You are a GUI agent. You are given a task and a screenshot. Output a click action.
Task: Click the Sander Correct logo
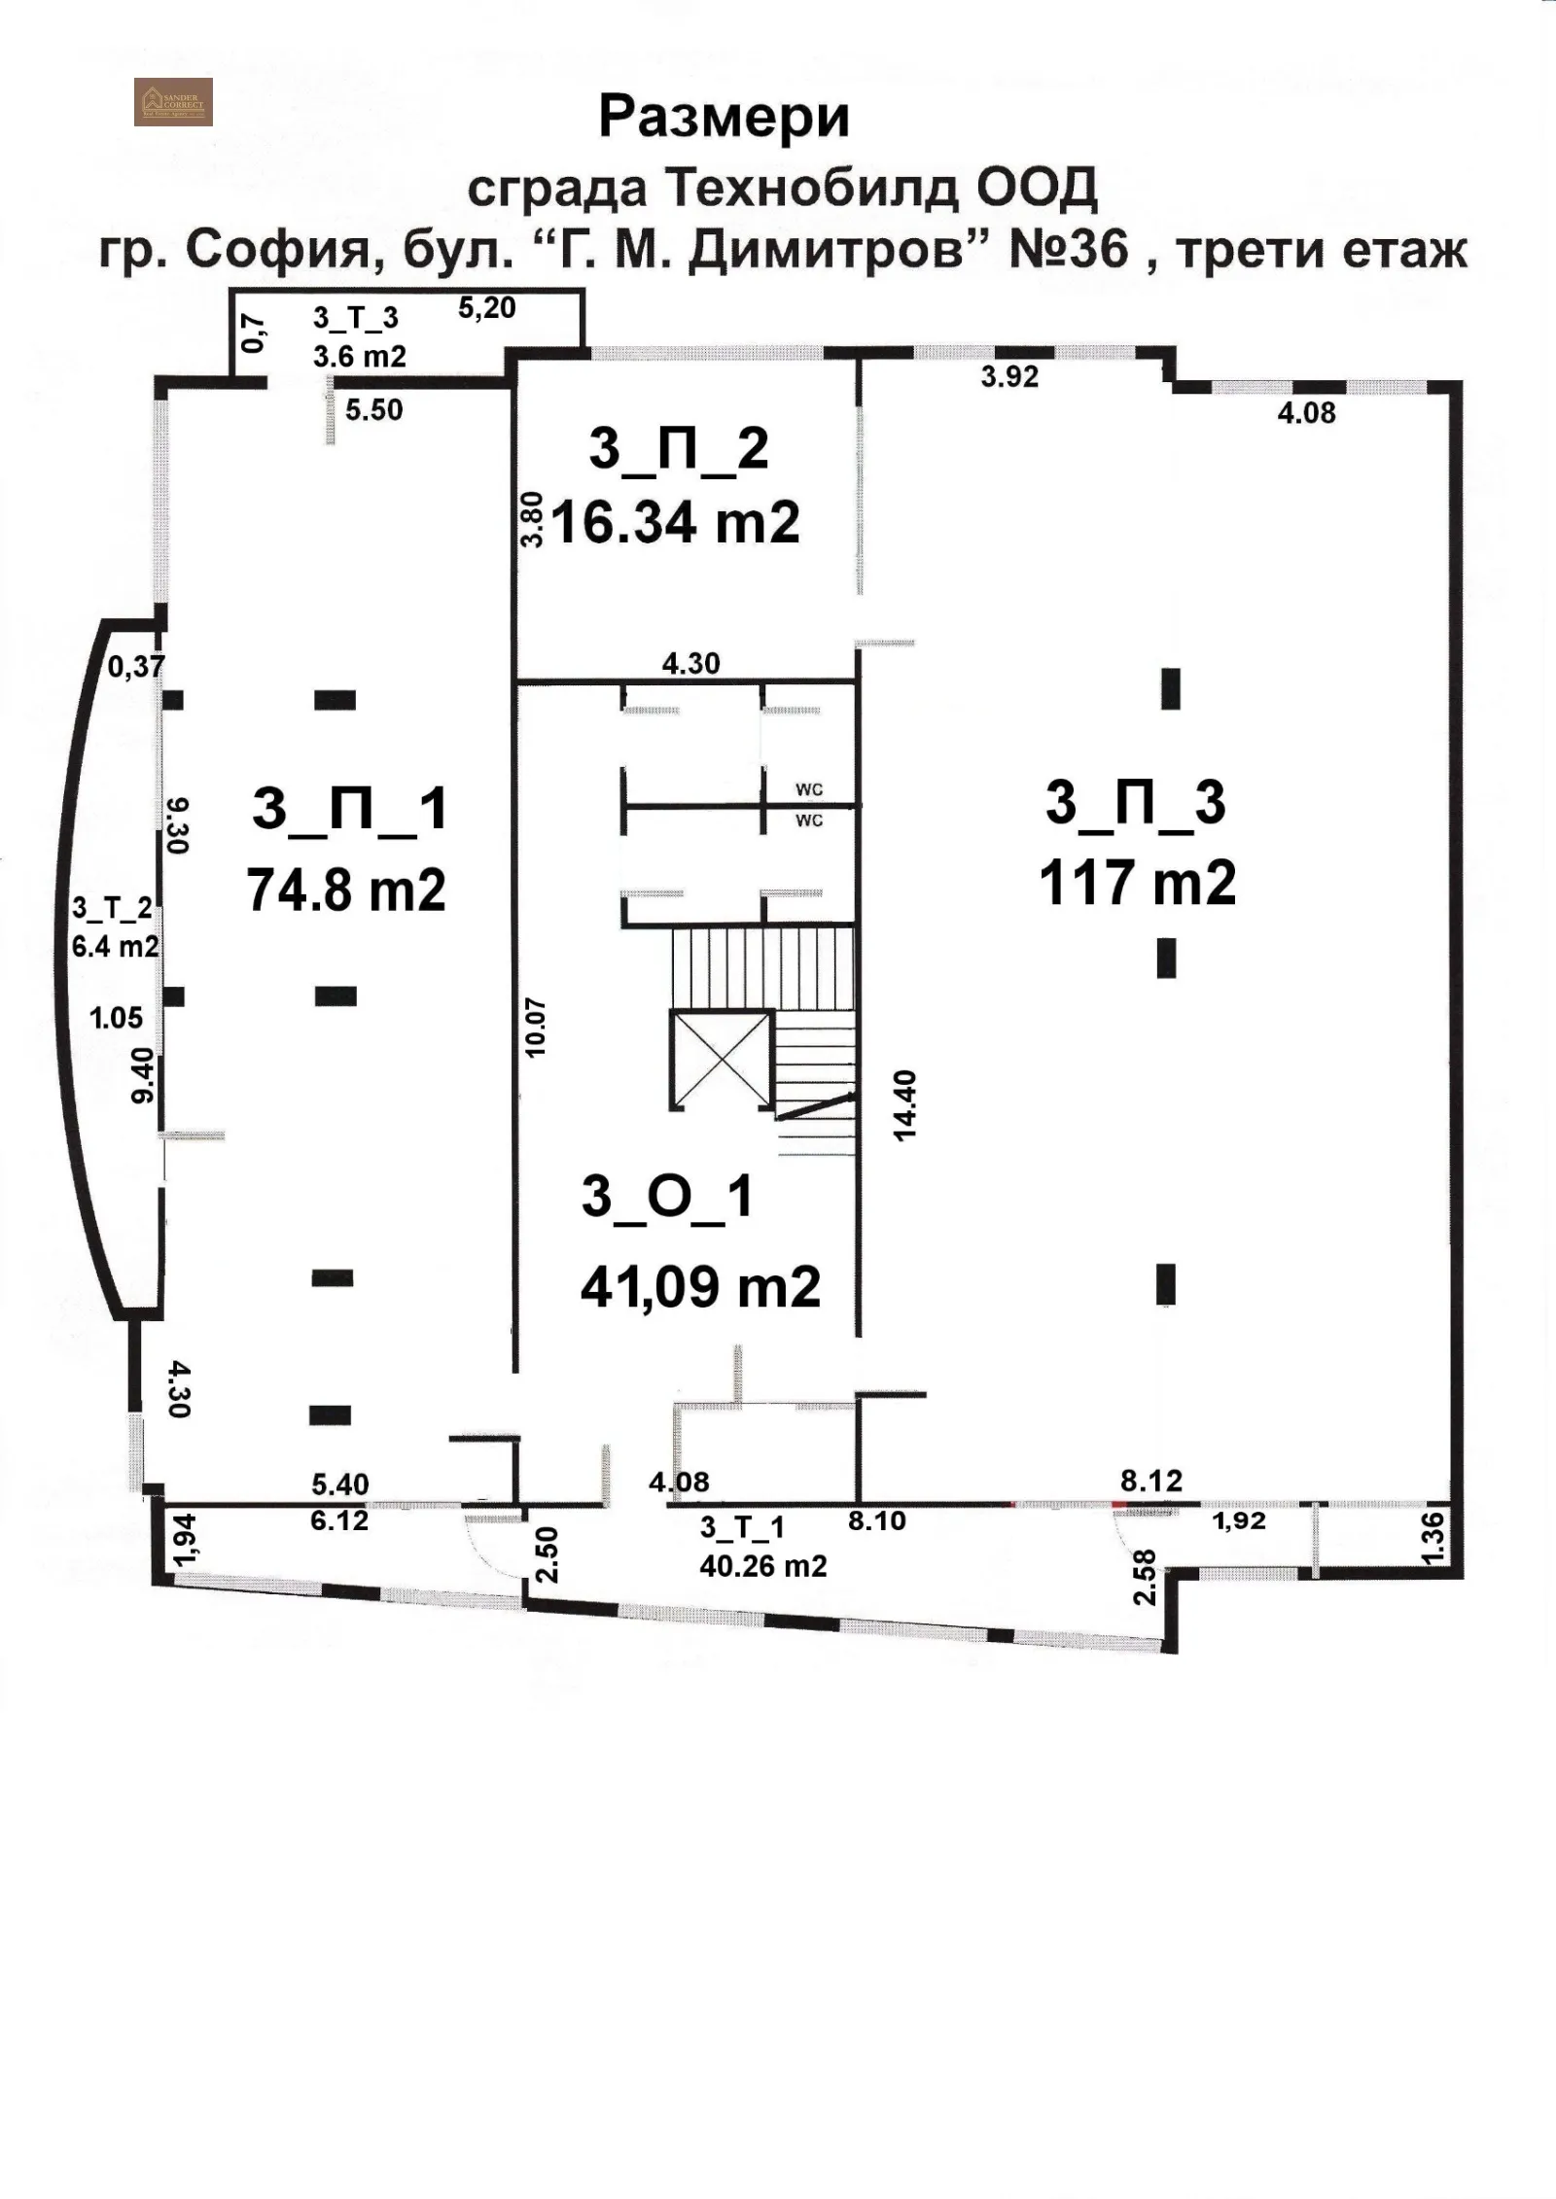[173, 101]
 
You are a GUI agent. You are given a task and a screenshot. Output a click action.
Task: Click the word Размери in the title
[725, 117]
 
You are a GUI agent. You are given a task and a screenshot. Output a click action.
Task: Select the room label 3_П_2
[679, 449]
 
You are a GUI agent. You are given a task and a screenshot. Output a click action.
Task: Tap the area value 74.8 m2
[346, 889]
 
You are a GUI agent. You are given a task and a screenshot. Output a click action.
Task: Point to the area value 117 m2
[1137, 883]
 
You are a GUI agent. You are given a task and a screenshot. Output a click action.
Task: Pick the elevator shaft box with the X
[721, 1058]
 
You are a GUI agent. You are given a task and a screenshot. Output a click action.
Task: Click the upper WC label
[809, 790]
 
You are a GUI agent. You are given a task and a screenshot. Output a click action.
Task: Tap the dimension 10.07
[535, 1027]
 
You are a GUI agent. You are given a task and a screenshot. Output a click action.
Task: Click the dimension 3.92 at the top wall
[1009, 376]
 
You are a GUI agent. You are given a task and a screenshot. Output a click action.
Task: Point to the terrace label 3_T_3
[356, 318]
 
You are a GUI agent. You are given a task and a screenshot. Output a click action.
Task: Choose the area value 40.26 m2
[763, 1566]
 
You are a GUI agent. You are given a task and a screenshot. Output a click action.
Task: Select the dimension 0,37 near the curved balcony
[136, 667]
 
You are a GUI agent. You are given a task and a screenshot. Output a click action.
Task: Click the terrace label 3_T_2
[112, 909]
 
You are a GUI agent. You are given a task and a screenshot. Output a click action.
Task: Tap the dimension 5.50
[374, 409]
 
